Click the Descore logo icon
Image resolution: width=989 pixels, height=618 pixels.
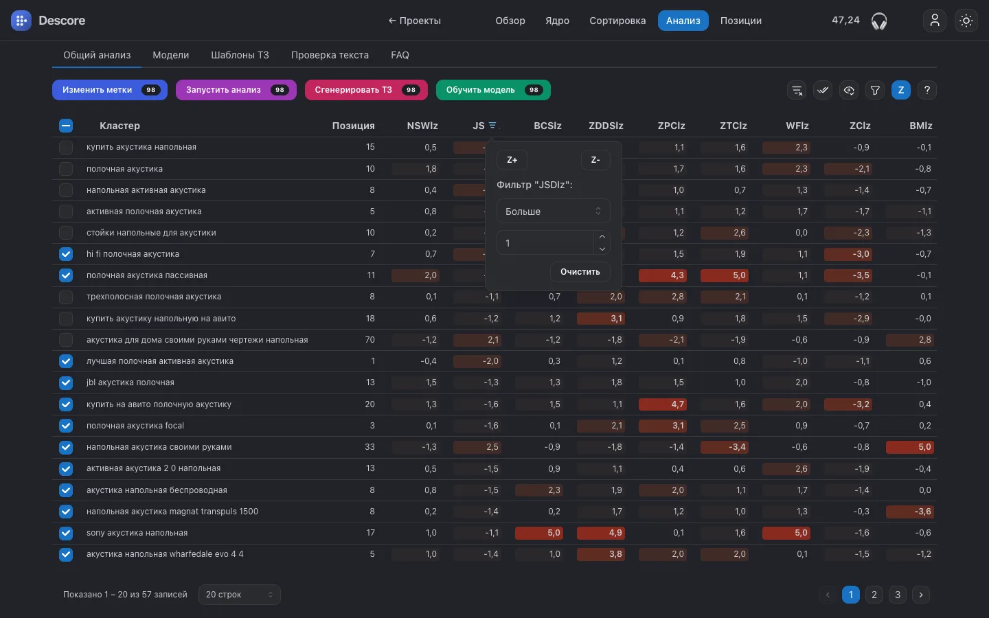coord(21,21)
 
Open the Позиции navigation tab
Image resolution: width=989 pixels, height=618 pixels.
coord(740,21)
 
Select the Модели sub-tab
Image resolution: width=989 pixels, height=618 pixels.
coord(170,55)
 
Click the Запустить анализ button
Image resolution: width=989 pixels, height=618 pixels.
coord(236,90)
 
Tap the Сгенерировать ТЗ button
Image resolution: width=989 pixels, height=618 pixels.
coord(366,90)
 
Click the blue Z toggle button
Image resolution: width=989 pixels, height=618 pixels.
coord(900,90)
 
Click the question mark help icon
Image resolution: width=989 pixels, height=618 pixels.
coord(927,90)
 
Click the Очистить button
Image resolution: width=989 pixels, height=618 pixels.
coord(580,271)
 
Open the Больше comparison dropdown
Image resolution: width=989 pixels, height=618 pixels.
coord(554,211)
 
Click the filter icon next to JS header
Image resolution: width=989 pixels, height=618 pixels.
coord(492,126)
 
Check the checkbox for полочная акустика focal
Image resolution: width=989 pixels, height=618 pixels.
coord(66,426)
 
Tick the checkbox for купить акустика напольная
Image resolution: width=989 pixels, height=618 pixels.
coord(66,147)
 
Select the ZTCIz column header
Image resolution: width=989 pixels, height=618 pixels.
coord(733,126)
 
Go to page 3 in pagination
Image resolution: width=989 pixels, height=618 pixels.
coord(897,595)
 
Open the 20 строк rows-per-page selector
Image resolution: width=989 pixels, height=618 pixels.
coord(239,595)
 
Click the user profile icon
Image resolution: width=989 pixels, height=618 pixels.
coord(934,21)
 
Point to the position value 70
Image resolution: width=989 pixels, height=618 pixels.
coord(370,339)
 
